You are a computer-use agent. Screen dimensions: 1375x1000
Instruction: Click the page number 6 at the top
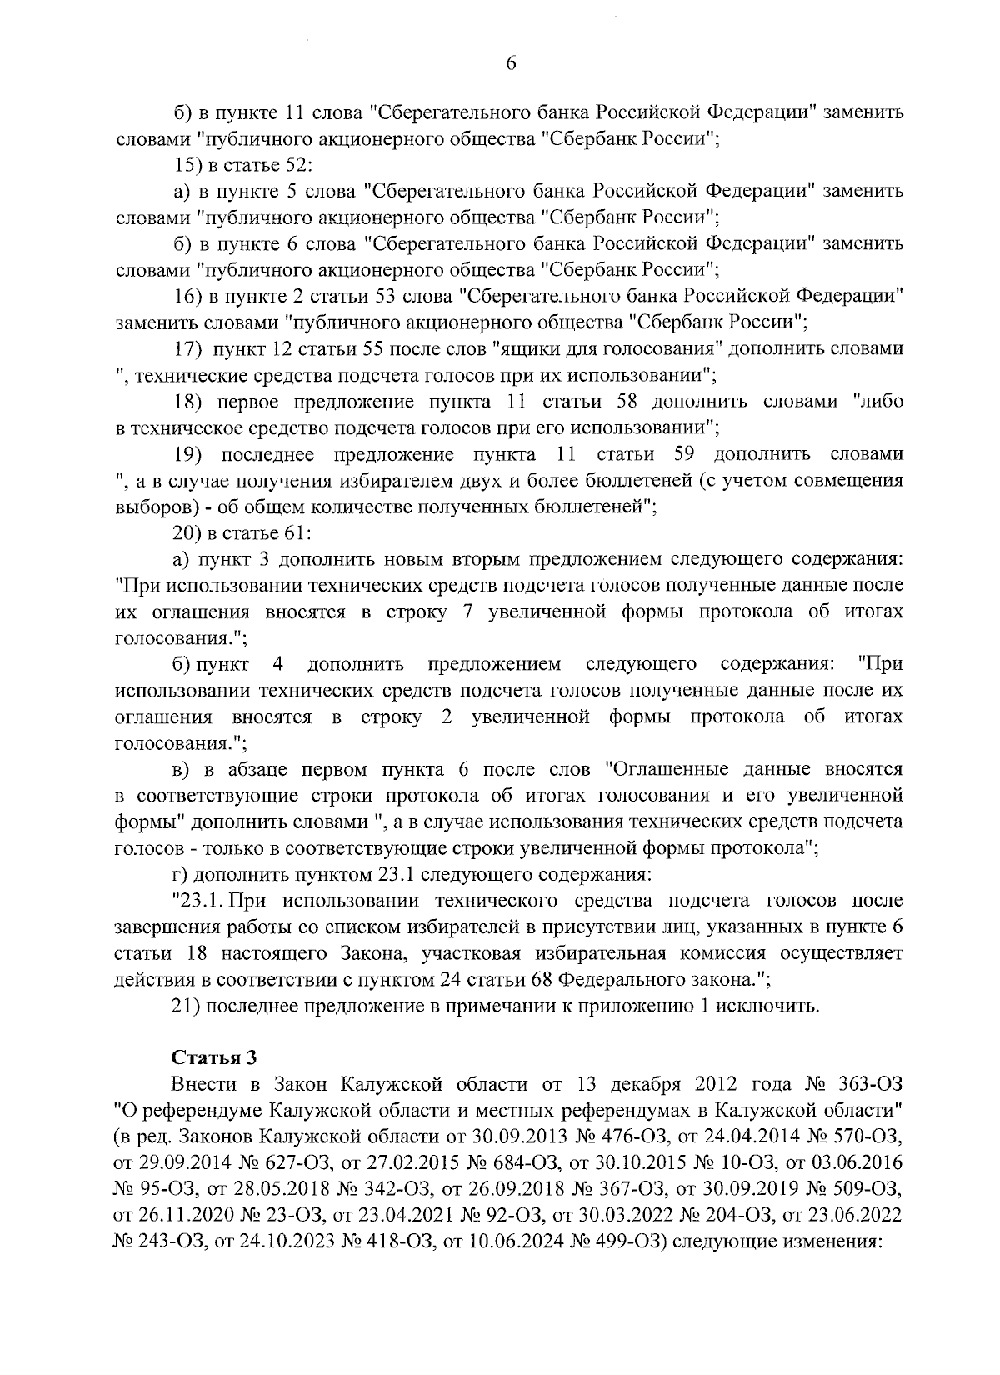511,64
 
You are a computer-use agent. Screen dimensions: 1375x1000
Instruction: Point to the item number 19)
187,454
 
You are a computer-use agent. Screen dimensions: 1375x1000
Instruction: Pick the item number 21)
188,1006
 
